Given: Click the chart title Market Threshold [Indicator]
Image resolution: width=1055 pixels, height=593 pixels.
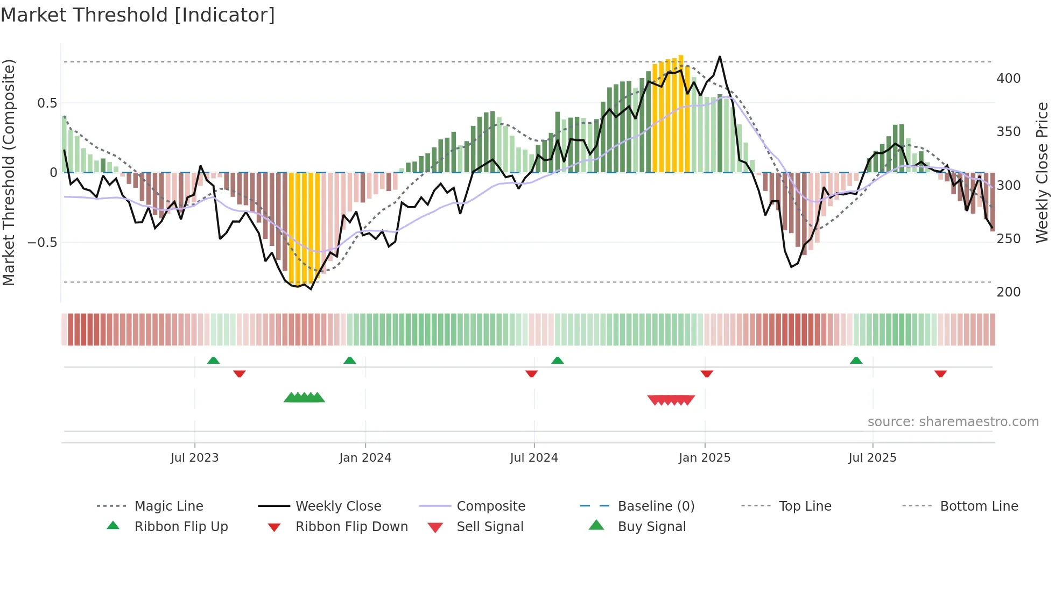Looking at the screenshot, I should pos(138,15).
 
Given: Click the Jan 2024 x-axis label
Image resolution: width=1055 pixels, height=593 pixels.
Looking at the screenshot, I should pos(365,457).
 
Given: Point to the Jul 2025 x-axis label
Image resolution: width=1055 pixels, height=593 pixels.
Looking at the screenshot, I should pos(872,457).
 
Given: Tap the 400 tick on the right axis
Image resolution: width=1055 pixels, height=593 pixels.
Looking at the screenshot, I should pos(1008,79).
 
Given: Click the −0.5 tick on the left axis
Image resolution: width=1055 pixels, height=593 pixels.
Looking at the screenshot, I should pos(43,242).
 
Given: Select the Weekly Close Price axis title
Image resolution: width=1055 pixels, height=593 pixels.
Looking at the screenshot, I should pos(1042,172).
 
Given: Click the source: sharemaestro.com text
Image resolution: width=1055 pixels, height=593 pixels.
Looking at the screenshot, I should pos(953,421).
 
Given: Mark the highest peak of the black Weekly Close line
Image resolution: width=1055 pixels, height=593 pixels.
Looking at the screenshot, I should pos(720,57).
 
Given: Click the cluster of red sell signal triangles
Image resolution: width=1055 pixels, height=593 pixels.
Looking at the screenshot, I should pos(671,400).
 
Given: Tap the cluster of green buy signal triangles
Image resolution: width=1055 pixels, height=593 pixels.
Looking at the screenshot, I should pos(304,398).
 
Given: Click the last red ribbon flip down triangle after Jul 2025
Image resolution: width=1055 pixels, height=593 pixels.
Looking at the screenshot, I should pos(940,373).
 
